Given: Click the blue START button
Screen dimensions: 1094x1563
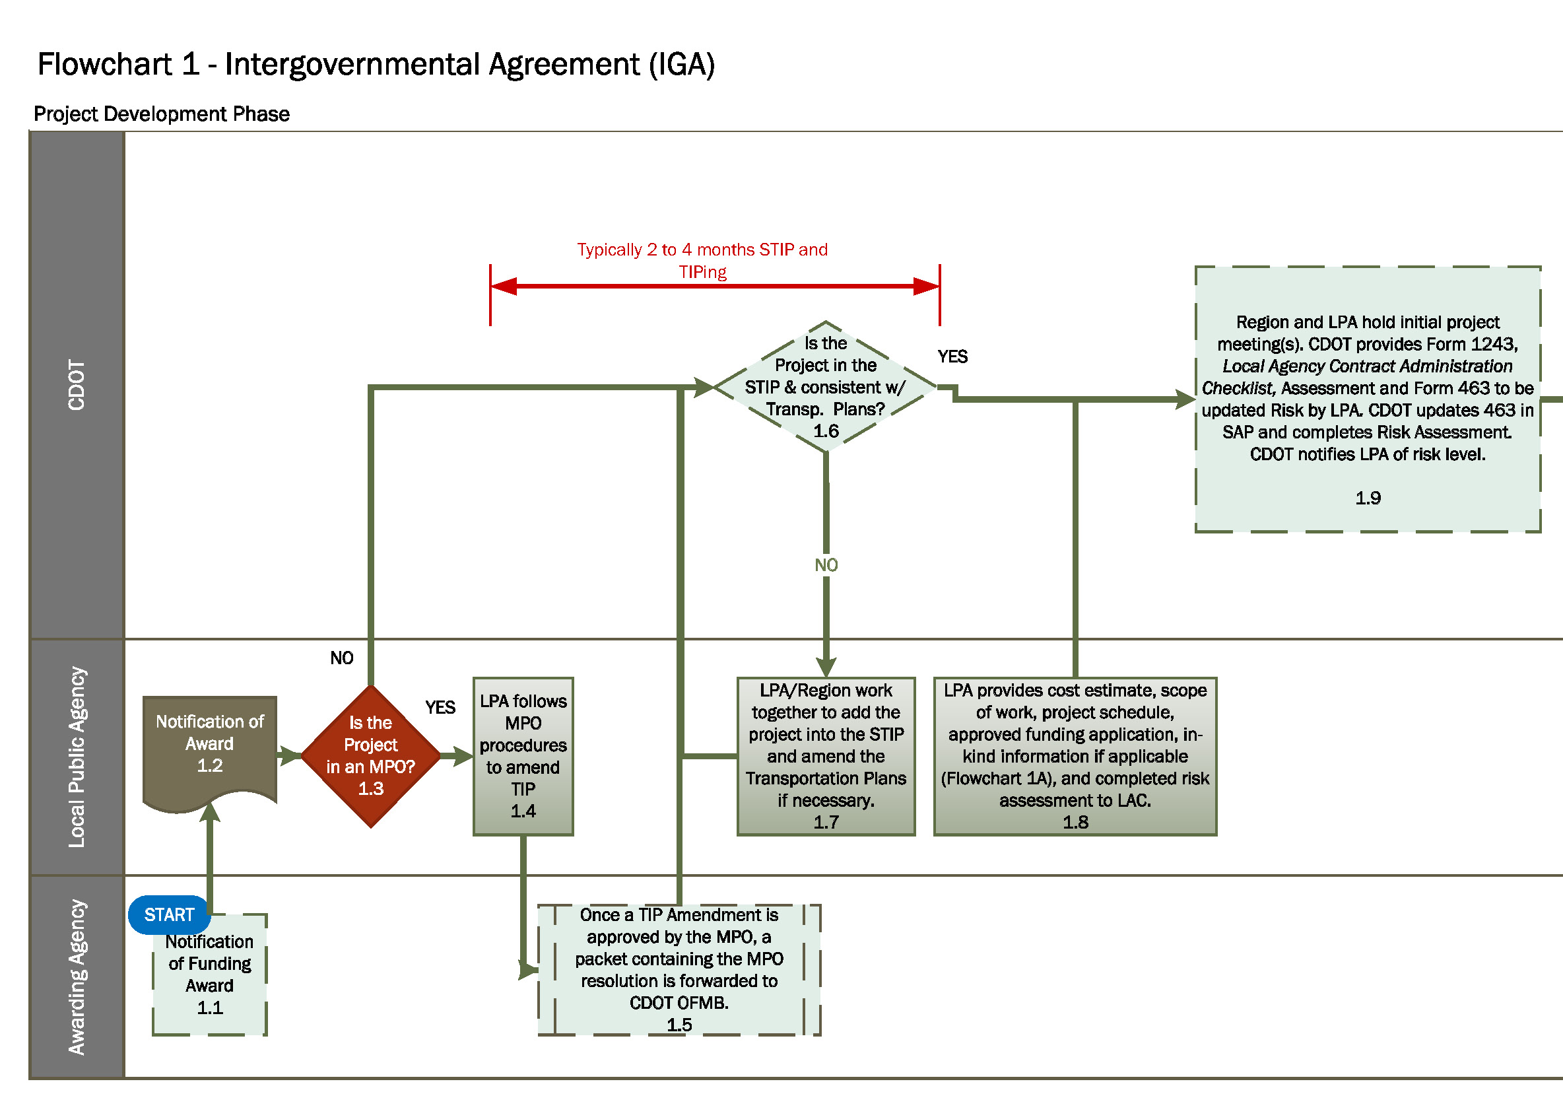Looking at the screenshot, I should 169,914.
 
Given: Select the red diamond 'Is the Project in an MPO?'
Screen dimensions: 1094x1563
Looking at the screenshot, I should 370,756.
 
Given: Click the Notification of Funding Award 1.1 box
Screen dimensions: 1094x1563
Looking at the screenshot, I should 210,980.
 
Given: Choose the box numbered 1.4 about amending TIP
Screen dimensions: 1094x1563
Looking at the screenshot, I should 523,756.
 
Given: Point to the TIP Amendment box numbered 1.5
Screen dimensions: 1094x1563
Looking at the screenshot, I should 679,969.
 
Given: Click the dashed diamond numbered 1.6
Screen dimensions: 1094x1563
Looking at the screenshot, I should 825,387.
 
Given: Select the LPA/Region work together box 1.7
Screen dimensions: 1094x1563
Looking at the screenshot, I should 825,756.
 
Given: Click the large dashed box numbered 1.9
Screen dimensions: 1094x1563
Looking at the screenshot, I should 1367,399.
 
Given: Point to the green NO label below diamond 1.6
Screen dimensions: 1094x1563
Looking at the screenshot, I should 826,565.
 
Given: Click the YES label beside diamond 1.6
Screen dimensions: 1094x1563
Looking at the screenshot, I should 952,357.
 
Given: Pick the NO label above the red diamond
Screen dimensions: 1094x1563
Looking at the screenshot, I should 342,658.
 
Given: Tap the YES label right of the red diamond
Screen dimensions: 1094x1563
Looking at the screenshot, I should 440,707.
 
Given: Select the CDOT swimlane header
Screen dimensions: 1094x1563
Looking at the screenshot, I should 77,385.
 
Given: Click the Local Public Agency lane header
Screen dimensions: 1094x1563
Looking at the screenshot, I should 77,757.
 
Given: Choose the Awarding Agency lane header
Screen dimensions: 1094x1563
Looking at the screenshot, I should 77,976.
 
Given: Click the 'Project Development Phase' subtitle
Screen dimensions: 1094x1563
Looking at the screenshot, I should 161,114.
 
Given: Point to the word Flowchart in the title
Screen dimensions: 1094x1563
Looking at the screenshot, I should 104,65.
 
